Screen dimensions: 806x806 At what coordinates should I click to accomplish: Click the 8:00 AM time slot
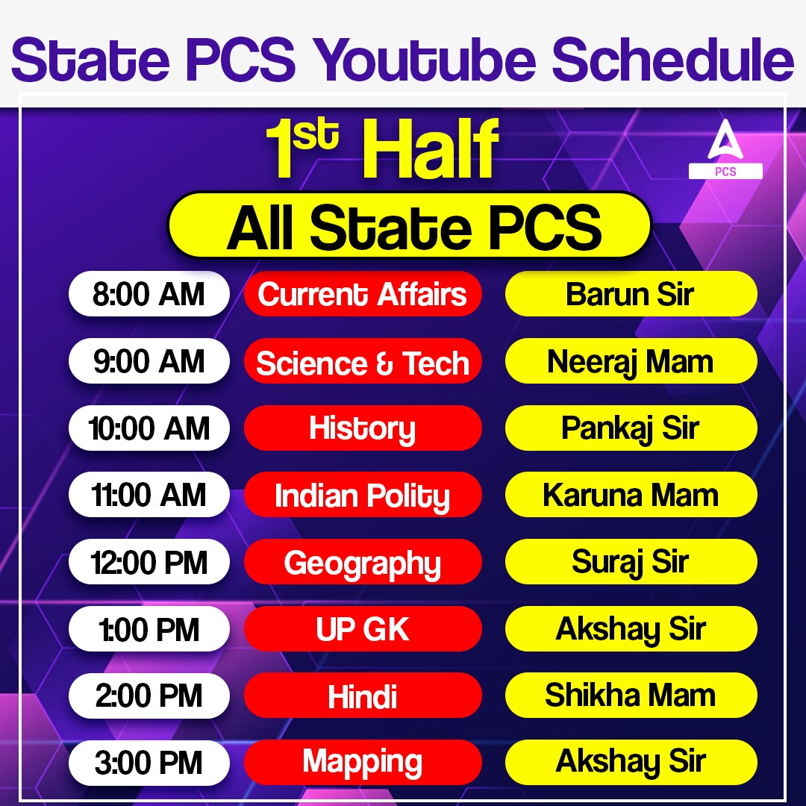tap(149, 294)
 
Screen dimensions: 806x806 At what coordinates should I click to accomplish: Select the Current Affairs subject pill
tap(363, 294)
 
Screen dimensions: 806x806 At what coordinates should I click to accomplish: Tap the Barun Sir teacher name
tap(631, 294)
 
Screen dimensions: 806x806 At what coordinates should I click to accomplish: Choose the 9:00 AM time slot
tap(149, 361)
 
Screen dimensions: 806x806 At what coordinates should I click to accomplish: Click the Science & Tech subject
tap(363, 362)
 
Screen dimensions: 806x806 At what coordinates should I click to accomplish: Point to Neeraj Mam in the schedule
tap(631, 361)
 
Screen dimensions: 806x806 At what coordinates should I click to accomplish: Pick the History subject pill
tap(363, 428)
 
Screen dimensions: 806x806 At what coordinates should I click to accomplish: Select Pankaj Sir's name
tap(631, 428)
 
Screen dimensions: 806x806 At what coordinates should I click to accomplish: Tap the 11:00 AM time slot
tap(149, 495)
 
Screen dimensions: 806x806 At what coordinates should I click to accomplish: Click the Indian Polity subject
tap(363, 496)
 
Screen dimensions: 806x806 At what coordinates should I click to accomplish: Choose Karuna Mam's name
tap(631, 495)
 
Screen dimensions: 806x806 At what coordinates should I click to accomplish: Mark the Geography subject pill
tap(363, 562)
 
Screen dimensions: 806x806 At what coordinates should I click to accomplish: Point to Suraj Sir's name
tap(631, 562)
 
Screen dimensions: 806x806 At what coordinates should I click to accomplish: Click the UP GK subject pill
tap(363, 629)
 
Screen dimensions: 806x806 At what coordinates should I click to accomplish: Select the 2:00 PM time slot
tap(149, 696)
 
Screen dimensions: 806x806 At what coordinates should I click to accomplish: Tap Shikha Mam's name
tap(631, 696)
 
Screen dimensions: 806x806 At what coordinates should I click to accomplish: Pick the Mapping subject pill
tap(363, 763)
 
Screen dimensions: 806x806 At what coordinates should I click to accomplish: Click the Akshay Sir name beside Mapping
tap(631, 763)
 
